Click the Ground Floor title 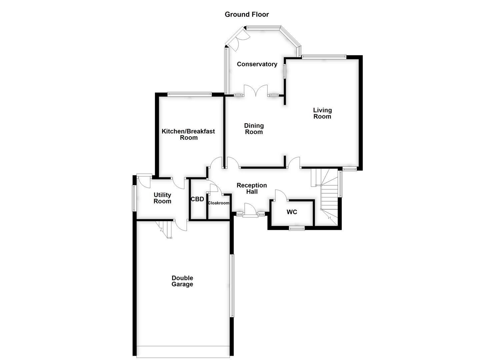point(247,14)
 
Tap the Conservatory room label point(257,64)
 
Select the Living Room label point(322,113)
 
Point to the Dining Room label point(254,129)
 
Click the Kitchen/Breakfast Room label point(188,134)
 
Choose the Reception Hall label point(252,188)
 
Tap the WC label point(292,212)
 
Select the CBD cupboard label point(197,199)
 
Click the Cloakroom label point(219,203)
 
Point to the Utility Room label point(162,198)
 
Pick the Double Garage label point(182,281)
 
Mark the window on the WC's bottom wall point(296,228)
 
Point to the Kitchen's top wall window point(189,94)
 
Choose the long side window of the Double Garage point(232,286)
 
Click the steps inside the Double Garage point(165,229)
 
